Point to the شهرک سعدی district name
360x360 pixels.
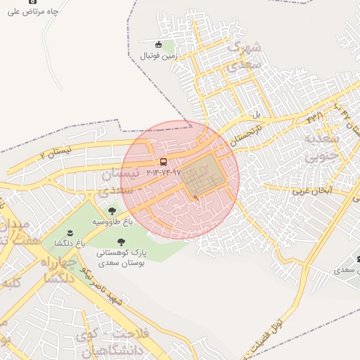click(x=243, y=56)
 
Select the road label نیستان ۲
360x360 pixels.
click(x=56, y=152)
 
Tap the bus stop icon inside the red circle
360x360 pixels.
click(x=164, y=162)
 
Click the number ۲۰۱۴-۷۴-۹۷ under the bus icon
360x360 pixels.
click(x=163, y=172)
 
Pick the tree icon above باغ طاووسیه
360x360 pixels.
click(x=112, y=210)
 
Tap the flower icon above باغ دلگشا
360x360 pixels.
click(x=69, y=233)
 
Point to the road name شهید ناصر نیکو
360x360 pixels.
click(x=102, y=286)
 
